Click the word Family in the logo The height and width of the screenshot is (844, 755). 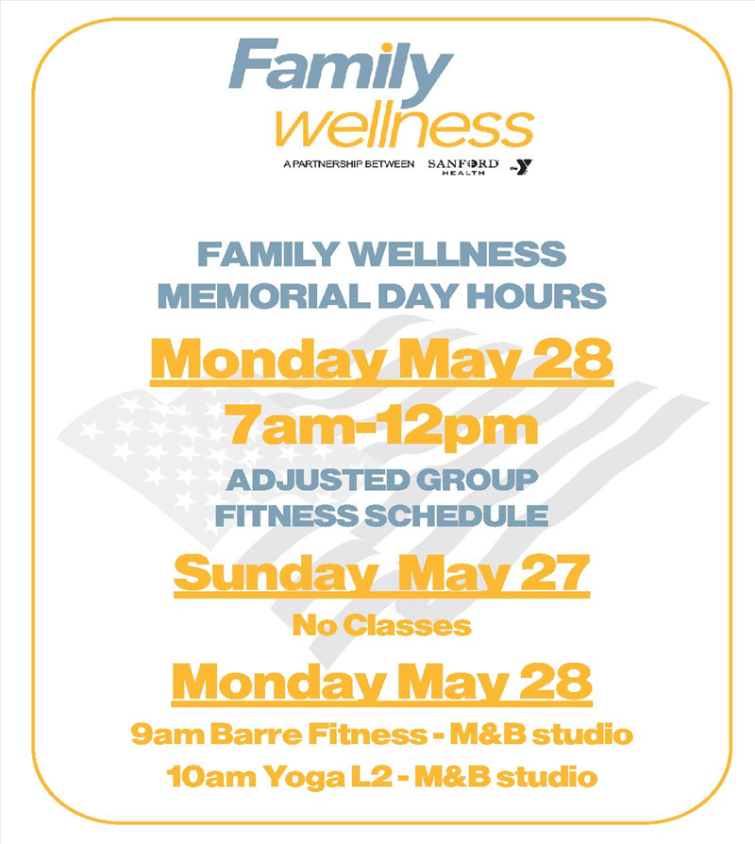(340, 72)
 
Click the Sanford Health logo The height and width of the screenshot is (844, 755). (463, 166)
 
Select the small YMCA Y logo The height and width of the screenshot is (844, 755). (522, 166)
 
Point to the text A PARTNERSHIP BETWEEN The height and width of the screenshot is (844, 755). (348, 163)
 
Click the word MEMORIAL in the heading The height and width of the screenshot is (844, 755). (263, 296)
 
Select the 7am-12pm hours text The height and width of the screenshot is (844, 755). (382, 425)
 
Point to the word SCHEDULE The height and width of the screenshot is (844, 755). (457, 515)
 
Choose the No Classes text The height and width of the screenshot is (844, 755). (382, 626)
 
